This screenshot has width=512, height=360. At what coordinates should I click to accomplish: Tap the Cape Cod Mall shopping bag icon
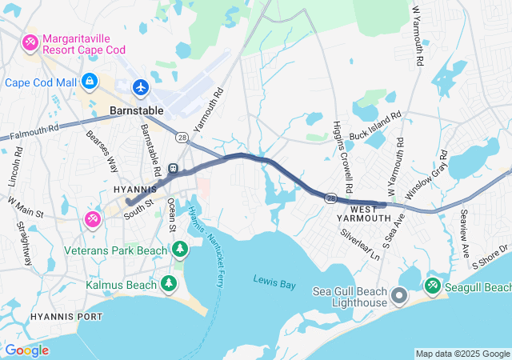pos(90,82)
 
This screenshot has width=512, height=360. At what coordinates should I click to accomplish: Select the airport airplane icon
pos(141,86)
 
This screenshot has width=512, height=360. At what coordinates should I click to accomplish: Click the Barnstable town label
pos(136,110)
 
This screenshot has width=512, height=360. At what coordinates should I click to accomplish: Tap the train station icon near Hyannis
pos(173,169)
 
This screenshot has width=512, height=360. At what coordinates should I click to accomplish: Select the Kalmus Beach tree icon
pos(169,283)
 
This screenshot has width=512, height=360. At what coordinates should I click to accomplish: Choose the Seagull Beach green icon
pos(433,286)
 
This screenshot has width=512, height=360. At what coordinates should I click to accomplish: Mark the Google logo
pos(27,350)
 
